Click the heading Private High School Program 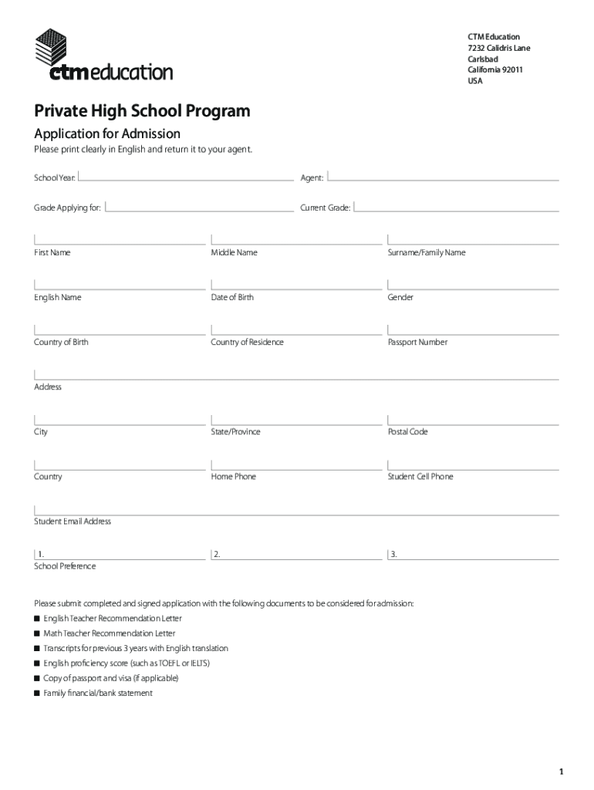pos(142,111)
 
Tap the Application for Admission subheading pos(107,133)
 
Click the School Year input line pos(186,178)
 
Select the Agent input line pos(443,178)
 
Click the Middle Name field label pos(235,253)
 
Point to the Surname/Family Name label pos(427,253)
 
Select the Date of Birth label pos(232,298)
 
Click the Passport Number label pos(417,343)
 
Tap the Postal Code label pos(407,432)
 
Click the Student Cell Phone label pos(420,477)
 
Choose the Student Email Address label pos(73,522)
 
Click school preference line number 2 pos(297,554)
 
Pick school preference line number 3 pos(474,554)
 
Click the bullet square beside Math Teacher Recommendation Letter pos(37,633)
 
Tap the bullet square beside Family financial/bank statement pos(37,693)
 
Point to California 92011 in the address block pos(495,70)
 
